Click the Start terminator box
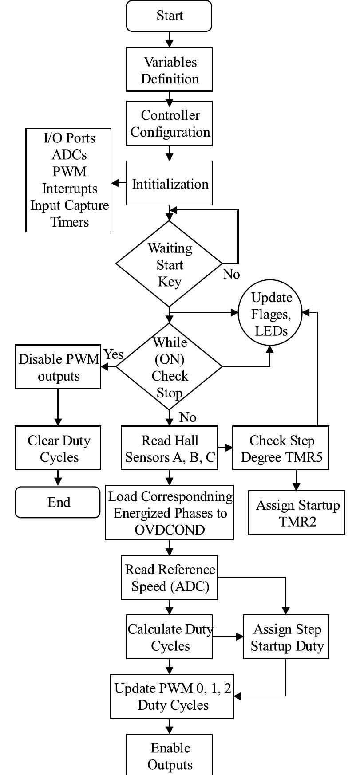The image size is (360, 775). coord(169,16)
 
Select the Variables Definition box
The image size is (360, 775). coord(169,70)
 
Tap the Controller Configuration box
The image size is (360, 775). coord(169,123)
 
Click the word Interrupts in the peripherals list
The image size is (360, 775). coord(69,189)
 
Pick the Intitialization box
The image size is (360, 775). coord(169,183)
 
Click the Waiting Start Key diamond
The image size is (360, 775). coord(169,264)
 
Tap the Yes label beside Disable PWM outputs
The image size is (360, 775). coord(113,354)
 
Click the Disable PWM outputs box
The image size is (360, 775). coord(58,367)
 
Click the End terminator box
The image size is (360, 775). coord(58,502)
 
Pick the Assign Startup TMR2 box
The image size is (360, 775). coord(297,513)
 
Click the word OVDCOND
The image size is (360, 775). coord(169,530)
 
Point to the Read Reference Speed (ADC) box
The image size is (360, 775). coord(169,578)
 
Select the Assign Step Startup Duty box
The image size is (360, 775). coord(286,637)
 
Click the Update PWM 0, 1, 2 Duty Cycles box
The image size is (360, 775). coord(172,696)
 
